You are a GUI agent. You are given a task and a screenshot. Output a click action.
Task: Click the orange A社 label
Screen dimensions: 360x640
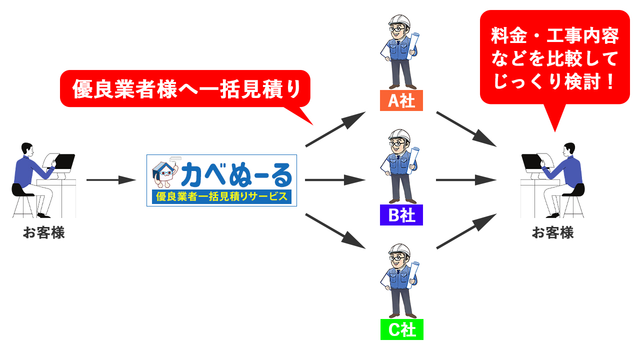(401, 100)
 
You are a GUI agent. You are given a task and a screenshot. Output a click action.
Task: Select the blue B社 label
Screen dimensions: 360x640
(401, 215)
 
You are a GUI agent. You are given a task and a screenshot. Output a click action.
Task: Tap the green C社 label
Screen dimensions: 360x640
(401, 329)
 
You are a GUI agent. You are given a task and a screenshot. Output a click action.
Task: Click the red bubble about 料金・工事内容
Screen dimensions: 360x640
(554, 58)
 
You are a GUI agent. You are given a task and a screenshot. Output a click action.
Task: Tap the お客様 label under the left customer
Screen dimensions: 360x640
(43, 233)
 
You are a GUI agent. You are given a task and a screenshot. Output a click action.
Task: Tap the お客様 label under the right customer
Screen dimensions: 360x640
(552, 233)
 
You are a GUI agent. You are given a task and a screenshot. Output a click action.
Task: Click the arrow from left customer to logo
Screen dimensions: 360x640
(111, 179)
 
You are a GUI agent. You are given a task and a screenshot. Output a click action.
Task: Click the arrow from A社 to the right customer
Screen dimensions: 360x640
(466, 128)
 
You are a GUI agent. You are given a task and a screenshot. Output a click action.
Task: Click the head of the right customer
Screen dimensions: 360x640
(569, 148)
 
